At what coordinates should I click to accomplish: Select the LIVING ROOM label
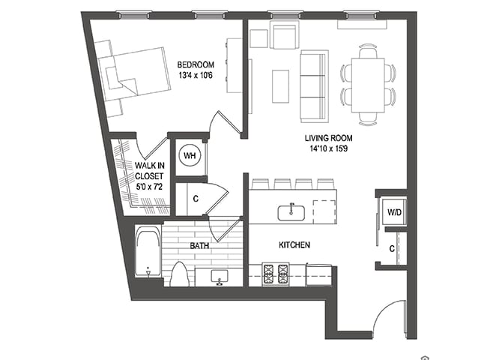pyautogui.click(x=328, y=139)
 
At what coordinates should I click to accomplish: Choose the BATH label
pyautogui.click(x=199, y=245)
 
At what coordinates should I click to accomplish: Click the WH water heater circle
pyautogui.click(x=190, y=155)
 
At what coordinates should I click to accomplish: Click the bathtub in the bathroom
pyautogui.click(x=147, y=253)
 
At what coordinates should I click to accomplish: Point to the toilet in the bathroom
pyautogui.click(x=179, y=274)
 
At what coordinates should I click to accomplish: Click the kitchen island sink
pyautogui.click(x=290, y=212)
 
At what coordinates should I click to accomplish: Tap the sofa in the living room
pyautogui.click(x=313, y=86)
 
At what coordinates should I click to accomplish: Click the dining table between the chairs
pyautogui.click(x=368, y=85)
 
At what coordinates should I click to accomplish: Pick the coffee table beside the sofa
pyautogui.click(x=281, y=86)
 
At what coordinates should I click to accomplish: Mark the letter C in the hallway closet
pyautogui.click(x=195, y=199)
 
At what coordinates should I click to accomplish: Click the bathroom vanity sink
pyautogui.click(x=220, y=277)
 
